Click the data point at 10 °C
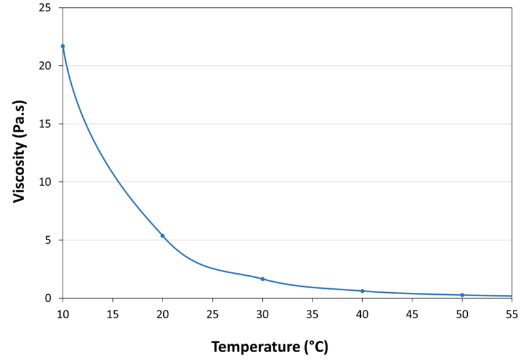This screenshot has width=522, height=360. [x=63, y=46]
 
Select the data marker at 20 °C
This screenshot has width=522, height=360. [x=162, y=235]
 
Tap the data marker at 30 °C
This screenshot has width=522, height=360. [x=262, y=279]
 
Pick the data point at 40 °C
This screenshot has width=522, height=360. [x=362, y=291]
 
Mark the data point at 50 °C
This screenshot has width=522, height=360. [x=462, y=295]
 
